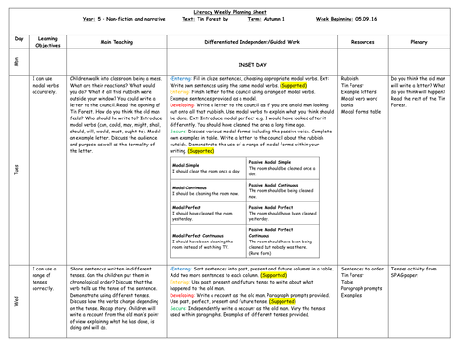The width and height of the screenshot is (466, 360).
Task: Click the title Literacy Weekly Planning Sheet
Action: click(232, 6)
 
